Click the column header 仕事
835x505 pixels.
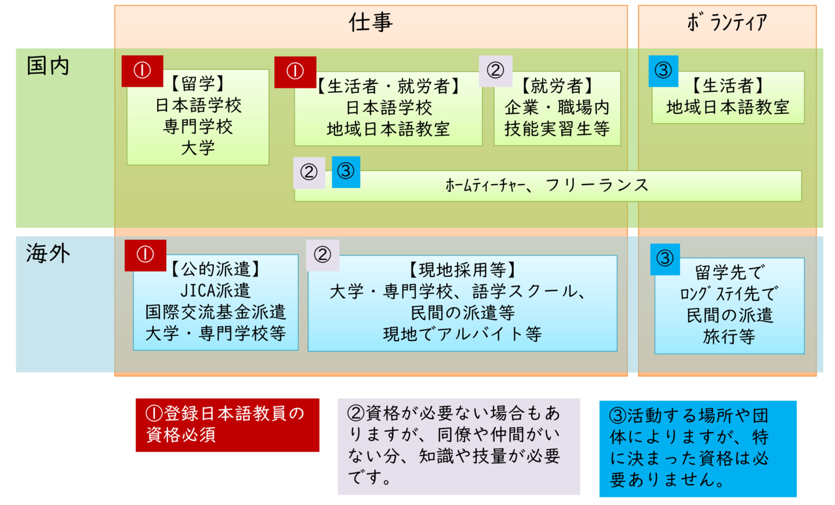371,23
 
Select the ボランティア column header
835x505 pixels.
727,23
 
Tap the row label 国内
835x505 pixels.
48,66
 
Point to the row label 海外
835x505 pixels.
48,254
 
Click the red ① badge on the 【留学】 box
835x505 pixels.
142,71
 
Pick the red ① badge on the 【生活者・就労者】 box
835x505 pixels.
295,72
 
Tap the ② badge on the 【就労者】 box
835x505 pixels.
495,71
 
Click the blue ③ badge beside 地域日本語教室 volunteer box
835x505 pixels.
663,71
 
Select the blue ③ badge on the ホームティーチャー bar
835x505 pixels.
346,172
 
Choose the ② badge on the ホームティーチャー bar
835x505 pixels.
309,172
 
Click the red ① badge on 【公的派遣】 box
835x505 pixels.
145,255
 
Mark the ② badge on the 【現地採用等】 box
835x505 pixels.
322,255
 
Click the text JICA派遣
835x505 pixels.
215,290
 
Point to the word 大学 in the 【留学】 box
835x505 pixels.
198,148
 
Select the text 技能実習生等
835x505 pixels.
557,129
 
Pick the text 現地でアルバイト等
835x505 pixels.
462,334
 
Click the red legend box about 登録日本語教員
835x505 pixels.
227,425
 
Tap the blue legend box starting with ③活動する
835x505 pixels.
698,448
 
